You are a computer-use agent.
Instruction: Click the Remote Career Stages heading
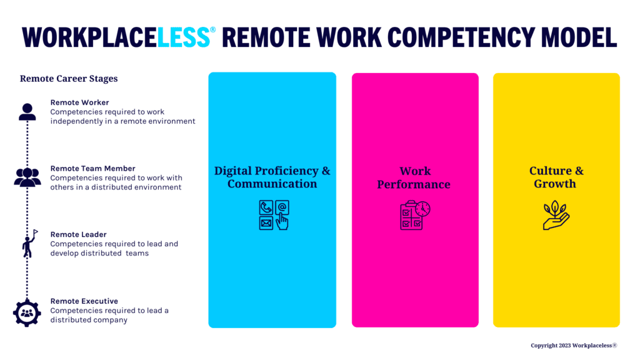coord(69,79)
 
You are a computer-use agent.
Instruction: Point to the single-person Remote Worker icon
coord(27,112)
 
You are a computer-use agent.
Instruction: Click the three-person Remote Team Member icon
coord(27,177)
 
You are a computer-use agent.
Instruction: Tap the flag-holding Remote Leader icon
coord(29,244)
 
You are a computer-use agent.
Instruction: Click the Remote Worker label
coord(79,102)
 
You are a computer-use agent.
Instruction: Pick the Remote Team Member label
coord(92,168)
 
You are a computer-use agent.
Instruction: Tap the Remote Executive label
coord(84,301)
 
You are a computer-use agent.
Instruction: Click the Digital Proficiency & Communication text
coord(272,177)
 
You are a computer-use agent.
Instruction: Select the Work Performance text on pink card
coord(414,177)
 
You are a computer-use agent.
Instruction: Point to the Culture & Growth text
coord(556,177)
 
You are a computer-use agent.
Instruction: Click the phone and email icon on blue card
coord(274,215)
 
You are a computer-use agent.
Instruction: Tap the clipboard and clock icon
coord(415,215)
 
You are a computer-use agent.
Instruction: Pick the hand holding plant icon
coord(556,215)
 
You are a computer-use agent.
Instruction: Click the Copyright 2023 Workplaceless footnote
coord(574,345)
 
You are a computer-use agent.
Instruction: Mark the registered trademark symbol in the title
coord(213,29)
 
